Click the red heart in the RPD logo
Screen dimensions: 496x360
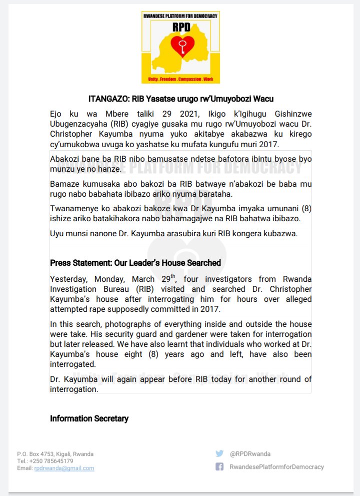pos(179,46)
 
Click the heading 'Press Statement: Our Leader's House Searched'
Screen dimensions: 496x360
pos(135,263)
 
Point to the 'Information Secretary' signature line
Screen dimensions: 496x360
pos(89,418)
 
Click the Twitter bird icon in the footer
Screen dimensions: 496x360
pos(219,453)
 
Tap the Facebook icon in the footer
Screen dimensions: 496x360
pos(219,466)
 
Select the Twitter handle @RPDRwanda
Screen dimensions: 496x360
pos(250,454)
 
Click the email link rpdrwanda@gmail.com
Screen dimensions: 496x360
pos(64,468)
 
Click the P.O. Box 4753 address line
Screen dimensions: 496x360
pos(55,454)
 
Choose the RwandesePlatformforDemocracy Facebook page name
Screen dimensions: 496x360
pos(276,467)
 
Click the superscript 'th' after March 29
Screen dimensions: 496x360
pos(173,276)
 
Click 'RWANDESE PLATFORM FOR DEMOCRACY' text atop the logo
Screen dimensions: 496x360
pos(180,16)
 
